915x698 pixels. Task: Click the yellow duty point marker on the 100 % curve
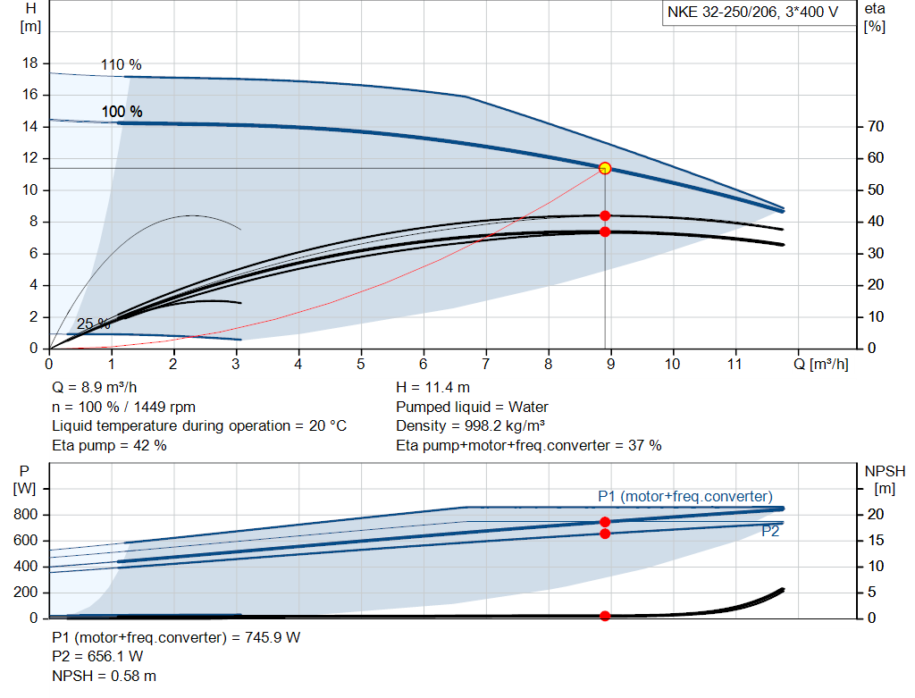coord(605,168)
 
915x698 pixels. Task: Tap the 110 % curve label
coord(122,65)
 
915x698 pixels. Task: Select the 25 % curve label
coord(93,324)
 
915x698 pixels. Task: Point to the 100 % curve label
coord(122,112)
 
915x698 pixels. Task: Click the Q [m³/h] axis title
coord(820,365)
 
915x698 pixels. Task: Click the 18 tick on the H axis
coord(30,63)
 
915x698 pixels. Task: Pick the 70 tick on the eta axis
coord(875,127)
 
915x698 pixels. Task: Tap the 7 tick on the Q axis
coord(485,365)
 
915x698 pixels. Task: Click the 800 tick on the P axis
coord(26,515)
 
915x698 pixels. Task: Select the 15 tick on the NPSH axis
coord(875,541)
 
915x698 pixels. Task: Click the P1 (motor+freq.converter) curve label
coord(684,497)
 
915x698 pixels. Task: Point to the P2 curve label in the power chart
coord(771,531)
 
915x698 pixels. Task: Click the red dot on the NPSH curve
coord(605,616)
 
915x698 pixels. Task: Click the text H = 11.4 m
coord(432,388)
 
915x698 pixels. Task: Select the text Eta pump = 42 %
coord(109,445)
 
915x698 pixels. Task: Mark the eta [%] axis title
coord(875,18)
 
